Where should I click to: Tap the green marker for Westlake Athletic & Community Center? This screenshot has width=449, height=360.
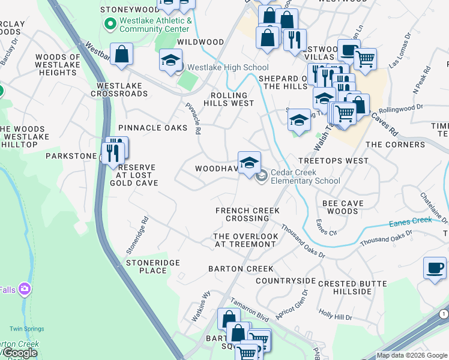pyautogui.click(x=109, y=24)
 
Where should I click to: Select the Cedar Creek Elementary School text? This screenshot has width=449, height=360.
pyautogui.click(x=305, y=176)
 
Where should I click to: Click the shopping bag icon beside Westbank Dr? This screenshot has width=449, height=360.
pyautogui.click(x=121, y=55)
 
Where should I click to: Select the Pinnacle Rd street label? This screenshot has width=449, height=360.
pyautogui.click(x=193, y=118)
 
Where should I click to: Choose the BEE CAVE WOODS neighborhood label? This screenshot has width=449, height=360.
pyautogui.click(x=343, y=208)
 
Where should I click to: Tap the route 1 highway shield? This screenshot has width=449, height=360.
pyautogui.click(x=443, y=314)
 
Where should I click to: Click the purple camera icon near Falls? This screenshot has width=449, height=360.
pyautogui.click(x=25, y=290)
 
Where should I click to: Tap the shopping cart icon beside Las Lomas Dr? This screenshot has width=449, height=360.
pyautogui.click(x=365, y=59)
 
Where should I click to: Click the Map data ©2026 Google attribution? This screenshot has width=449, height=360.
pyautogui.click(x=412, y=355)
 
